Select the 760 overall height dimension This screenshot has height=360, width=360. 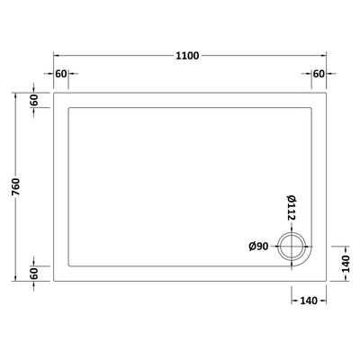point(16,187)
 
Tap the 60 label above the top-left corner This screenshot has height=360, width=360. point(61,74)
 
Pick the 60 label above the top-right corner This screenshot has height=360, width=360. point(318,74)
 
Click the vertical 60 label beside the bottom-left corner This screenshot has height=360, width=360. point(33,272)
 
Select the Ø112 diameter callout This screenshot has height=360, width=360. point(291,207)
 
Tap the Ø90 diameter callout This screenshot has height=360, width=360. point(259,246)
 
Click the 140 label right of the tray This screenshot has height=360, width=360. point(340,263)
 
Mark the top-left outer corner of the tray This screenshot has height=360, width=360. point(54,94)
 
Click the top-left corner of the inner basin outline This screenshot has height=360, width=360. point(69,109)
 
